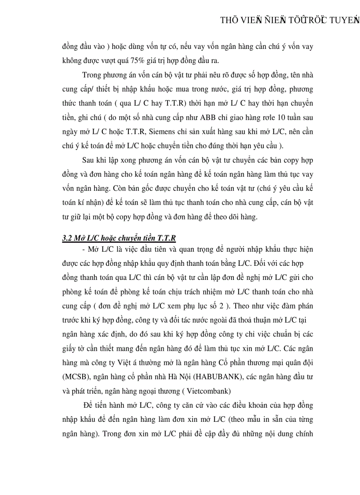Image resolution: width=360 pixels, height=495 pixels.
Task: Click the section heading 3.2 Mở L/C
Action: (x=119, y=238)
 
